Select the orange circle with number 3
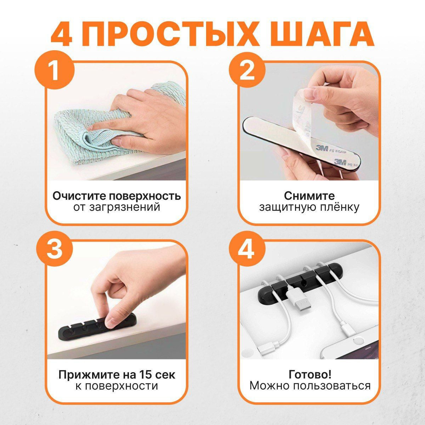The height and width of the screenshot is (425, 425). point(54,250)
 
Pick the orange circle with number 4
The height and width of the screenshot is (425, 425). point(247,250)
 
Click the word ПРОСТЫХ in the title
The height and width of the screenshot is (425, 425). point(171,33)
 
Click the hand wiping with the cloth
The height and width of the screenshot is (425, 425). point(152,117)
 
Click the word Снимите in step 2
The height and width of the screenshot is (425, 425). point(309,196)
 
